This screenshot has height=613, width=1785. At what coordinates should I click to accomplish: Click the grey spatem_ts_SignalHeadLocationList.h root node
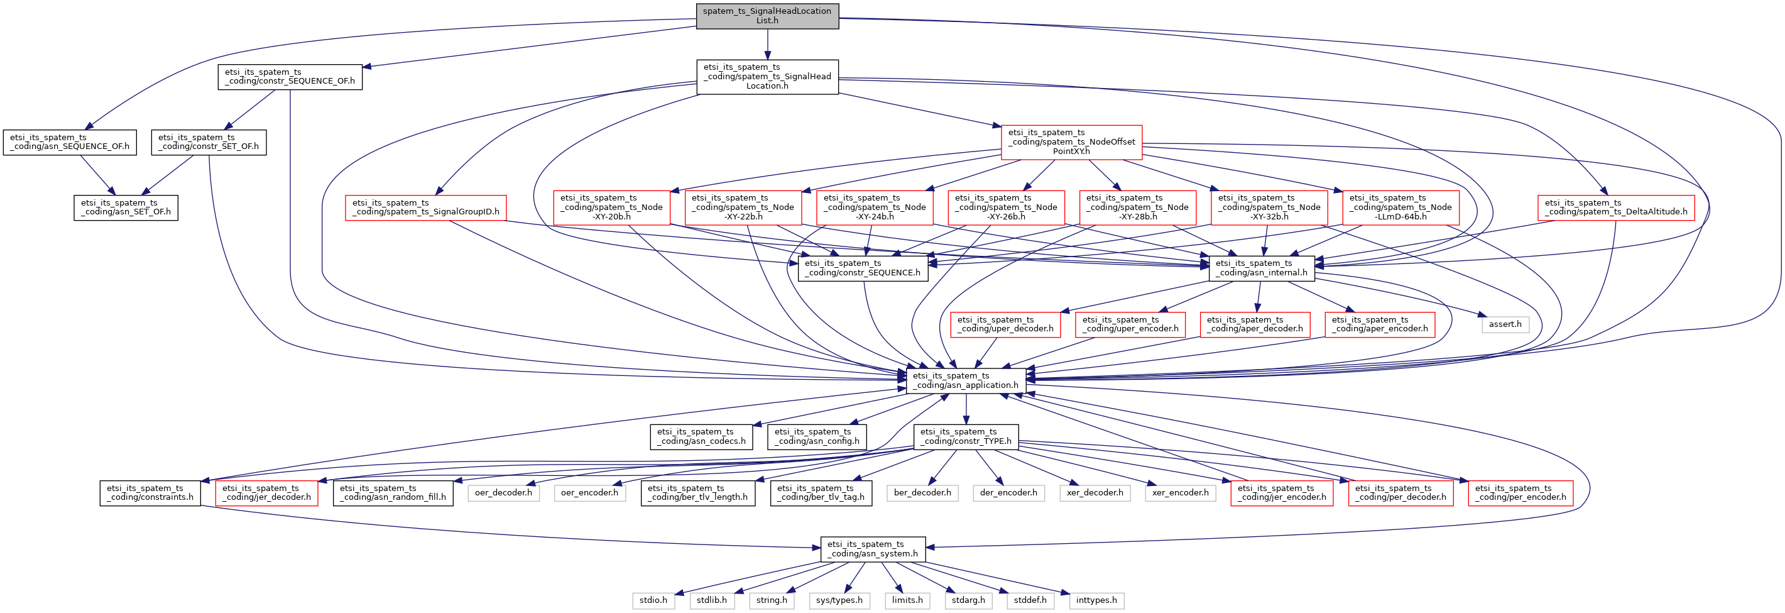(767, 15)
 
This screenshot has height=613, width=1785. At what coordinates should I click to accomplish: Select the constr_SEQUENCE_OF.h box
(290, 76)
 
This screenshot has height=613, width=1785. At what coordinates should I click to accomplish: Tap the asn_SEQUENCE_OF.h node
(69, 142)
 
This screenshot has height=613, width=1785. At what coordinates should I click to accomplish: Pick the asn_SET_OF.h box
(126, 207)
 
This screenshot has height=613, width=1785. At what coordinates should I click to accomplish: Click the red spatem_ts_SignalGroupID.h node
(425, 207)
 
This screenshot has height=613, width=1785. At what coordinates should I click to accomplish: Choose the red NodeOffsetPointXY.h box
(1071, 141)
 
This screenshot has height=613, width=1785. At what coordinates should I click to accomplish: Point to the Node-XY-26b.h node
(1005, 207)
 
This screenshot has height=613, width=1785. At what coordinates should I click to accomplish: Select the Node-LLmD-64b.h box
(1400, 207)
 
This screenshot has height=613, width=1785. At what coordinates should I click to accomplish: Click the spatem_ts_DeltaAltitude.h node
(1616, 207)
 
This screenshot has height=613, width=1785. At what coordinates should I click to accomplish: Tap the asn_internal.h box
(1261, 268)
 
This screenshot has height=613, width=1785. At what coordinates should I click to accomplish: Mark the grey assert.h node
(1505, 324)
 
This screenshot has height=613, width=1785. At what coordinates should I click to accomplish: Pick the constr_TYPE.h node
(965, 436)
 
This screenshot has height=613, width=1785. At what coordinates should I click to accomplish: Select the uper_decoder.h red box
(1005, 324)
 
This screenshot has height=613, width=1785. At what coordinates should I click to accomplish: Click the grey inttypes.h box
(1096, 600)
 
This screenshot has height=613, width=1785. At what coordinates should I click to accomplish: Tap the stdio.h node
(653, 600)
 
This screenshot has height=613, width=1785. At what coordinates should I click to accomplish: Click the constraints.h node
(150, 492)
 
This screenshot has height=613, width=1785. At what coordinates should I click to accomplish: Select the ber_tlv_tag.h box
(821, 492)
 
